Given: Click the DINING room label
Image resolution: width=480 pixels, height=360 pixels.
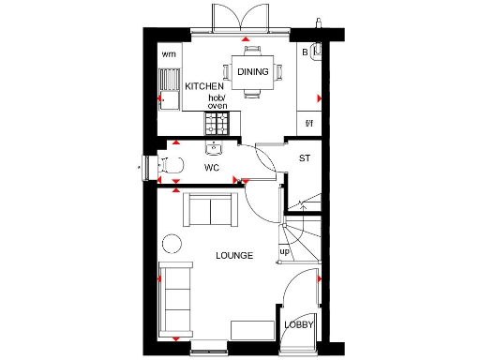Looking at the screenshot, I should point(252,71).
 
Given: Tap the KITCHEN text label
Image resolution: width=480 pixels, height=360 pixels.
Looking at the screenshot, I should point(204,87).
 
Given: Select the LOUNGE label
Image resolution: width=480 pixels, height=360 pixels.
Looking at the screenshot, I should point(233,255).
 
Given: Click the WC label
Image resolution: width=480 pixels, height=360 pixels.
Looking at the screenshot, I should point(212,168).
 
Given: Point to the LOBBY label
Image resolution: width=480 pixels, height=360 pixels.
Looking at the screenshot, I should point(298,324).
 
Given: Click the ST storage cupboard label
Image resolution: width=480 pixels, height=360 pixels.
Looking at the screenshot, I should point(304,158).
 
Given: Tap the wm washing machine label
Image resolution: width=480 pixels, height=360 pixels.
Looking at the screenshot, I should point(169,54).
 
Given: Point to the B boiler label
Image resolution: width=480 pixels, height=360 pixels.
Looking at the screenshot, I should point(305,53).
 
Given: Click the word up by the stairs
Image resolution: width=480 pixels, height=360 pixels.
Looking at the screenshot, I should point(284,251).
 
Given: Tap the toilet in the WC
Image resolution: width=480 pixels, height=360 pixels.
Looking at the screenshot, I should point(169,167).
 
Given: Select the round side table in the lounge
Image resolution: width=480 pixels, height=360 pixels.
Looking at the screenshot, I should point(173,244).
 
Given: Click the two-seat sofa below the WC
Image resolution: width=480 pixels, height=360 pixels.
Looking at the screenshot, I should point(211,209).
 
